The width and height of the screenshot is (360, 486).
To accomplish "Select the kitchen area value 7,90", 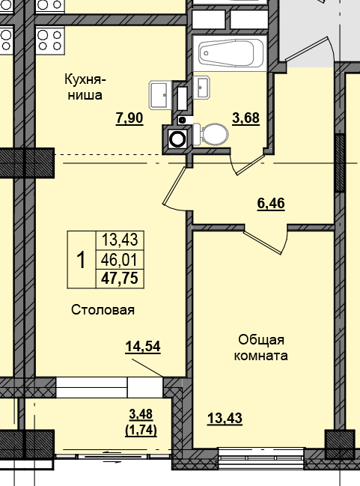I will click(x=129, y=118).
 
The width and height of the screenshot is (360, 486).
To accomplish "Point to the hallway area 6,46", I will click(x=271, y=202).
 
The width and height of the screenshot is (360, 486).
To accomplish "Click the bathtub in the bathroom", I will click(x=230, y=52).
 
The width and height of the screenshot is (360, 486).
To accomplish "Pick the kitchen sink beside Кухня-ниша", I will click(x=160, y=95).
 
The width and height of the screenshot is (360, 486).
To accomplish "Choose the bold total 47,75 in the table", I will click(x=119, y=279).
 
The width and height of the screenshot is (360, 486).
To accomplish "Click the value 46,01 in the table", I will click(x=119, y=260).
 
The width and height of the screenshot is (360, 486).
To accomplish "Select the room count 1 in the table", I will click(x=81, y=260).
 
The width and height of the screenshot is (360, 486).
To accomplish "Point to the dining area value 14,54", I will click(x=143, y=346).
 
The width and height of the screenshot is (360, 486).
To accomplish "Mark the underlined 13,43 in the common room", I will click(x=224, y=418).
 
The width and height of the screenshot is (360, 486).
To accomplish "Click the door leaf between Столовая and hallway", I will click(x=174, y=187).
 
